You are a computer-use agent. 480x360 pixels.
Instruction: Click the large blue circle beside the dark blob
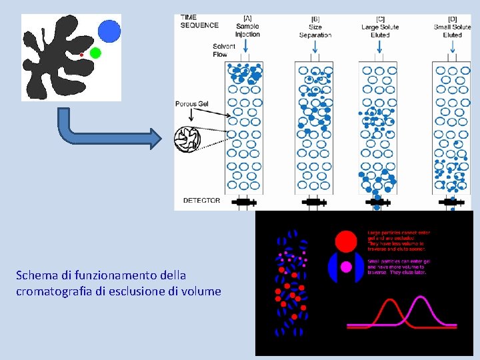(109, 31)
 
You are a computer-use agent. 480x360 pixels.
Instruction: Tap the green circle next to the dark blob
(95, 53)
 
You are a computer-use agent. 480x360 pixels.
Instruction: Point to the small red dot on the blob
(81, 54)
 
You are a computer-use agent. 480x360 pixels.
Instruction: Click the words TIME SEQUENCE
(199, 21)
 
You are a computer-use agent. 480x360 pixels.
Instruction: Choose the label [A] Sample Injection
(247, 26)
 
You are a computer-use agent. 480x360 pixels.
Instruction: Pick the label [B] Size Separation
(315, 27)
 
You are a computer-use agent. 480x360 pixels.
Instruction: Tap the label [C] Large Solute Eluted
(380, 27)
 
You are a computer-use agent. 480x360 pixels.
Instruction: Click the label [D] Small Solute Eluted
(453, 27)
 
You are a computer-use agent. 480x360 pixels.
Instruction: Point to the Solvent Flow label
(224, 50)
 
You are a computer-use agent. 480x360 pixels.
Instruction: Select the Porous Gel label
(192, 104)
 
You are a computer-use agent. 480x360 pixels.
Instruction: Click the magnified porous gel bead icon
(187, 138)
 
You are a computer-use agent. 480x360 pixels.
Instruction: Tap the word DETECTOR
(201, 200)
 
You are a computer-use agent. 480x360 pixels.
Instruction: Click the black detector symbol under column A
(243, 201)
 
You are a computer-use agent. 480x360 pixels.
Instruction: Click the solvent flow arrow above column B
(314, 48)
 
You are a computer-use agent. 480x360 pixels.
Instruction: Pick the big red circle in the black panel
(346, 241)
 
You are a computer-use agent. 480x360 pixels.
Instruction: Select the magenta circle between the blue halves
(346, 267)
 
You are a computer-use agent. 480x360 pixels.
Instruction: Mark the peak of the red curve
(389, 301)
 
